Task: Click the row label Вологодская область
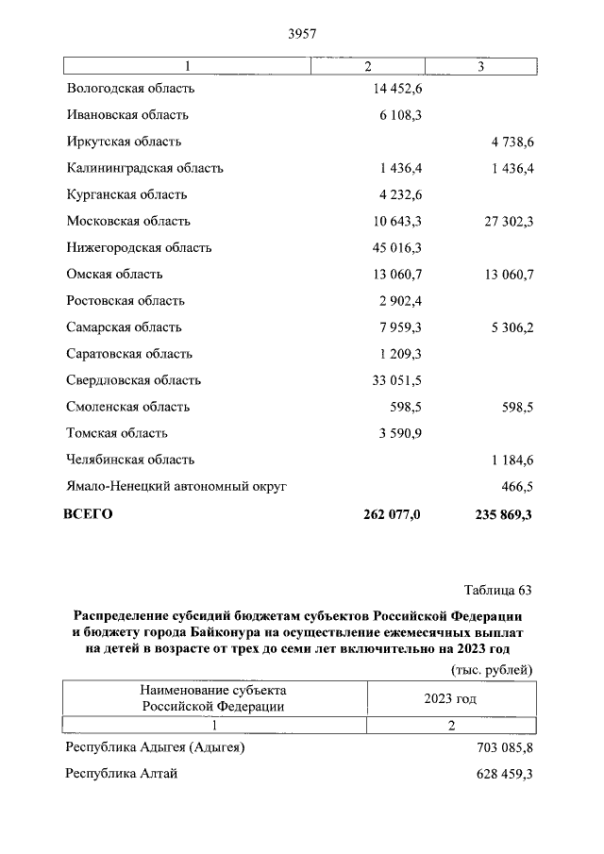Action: [x=131, y=89]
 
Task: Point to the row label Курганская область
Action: [x=127, y=194]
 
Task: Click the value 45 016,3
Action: [x=397, y=248]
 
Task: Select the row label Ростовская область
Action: [x=126, y=301]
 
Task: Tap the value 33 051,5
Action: [x=397, y=380]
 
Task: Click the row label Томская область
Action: [x=118, y=433]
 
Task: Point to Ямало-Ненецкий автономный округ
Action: [x=176, y=487]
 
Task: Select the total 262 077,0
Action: [x=392, y=514]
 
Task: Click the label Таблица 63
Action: [x=498, y=591]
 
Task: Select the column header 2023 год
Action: [x=450, y=699]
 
